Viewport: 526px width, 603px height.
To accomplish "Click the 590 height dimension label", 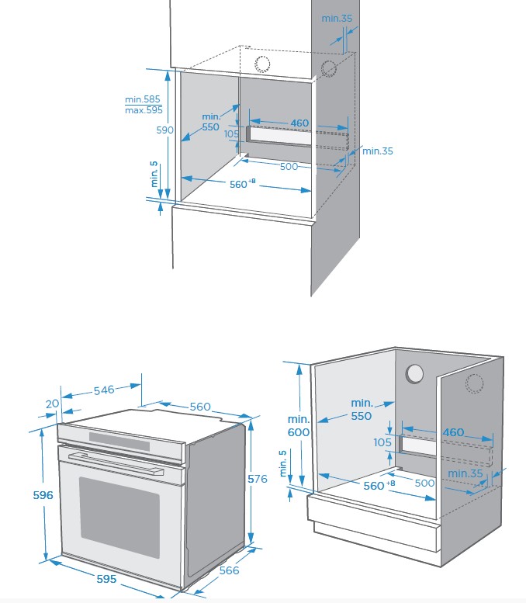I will pos(164,130).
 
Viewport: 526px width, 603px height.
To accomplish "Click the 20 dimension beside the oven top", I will pos(52,404).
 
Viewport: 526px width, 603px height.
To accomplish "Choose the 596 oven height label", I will pos(22,495).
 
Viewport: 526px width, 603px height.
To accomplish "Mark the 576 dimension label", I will pos(258,479).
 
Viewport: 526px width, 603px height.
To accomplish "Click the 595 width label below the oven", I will pos(106,579).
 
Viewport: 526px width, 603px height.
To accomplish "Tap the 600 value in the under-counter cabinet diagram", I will pos(299,432).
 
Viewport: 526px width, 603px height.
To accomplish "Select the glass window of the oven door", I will pos(119,517).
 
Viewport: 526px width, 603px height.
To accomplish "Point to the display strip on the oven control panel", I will pos(119,440).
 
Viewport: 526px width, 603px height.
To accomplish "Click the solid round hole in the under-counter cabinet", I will pos(415,373).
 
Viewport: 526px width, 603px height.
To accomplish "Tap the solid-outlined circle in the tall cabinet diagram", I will pos(262,64).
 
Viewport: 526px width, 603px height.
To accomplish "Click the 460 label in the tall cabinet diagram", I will pos(299,123).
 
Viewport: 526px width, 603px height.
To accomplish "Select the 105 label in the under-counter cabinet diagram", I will pos(382,442).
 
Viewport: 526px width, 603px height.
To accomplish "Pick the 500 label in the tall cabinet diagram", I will pos(289,166).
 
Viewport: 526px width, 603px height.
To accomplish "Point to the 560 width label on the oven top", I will pos(200,407).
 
